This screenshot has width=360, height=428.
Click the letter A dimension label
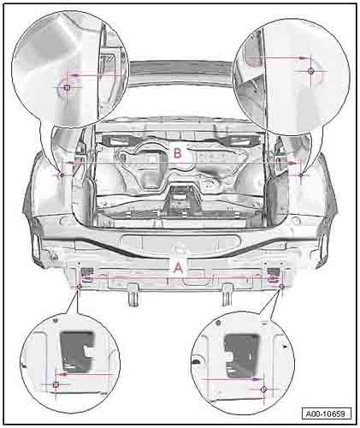pyautogui.click(x=177, y=265)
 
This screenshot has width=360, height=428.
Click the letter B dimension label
pyautogui.click(x=177, y=154)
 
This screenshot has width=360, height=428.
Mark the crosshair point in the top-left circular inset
pyautogui.click(x=67, y=86)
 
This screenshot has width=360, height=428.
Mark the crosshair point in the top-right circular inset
pyautogui.click(x=310, y=70)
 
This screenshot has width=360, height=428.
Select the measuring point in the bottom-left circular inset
pyautogui.click(x=56, y=385)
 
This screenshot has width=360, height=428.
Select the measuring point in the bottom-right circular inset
pyautogui.click(x=264, y=388)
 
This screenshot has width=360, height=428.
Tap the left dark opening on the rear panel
pyautogui.click(x=87, y=274)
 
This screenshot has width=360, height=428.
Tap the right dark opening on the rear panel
pyautogui.click(x=272, y=274)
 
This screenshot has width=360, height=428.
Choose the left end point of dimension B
pyautogui.click(x=64, y=163)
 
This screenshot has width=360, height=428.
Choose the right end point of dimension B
pyautogui.click(x=298, y=163)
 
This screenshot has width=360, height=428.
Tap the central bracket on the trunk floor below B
pyautogui.click(x=180, y=193)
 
